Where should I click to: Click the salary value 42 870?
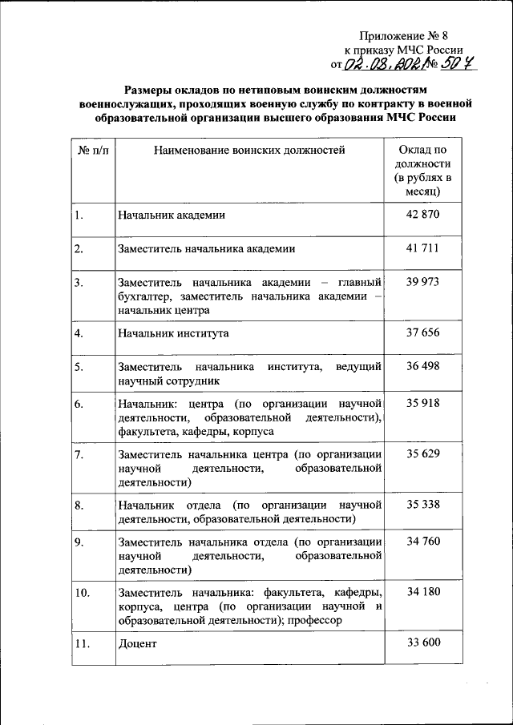[x=422, y=214]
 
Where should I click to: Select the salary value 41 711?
[x=422, y=248]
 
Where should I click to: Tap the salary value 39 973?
[x=422, y=282]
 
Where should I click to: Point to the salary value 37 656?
[x=422, y=332]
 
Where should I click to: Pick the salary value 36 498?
[x=422, y=366]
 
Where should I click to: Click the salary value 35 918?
[x=422, y=403]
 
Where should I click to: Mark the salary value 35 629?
[x=422, y=454]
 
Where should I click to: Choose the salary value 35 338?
[x=422, y=505]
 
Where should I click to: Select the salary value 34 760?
[x=422, y=542]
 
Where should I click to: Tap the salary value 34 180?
[x=422, y=592]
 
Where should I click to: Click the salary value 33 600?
[x=422, y=642]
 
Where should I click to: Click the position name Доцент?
[x=136, y=643]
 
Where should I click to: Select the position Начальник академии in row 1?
[x=171, y=215]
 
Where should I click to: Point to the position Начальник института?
[x=173, y=332]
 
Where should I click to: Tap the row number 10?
[x=82, y=593]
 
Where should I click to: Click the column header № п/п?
[x=92, y=149]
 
